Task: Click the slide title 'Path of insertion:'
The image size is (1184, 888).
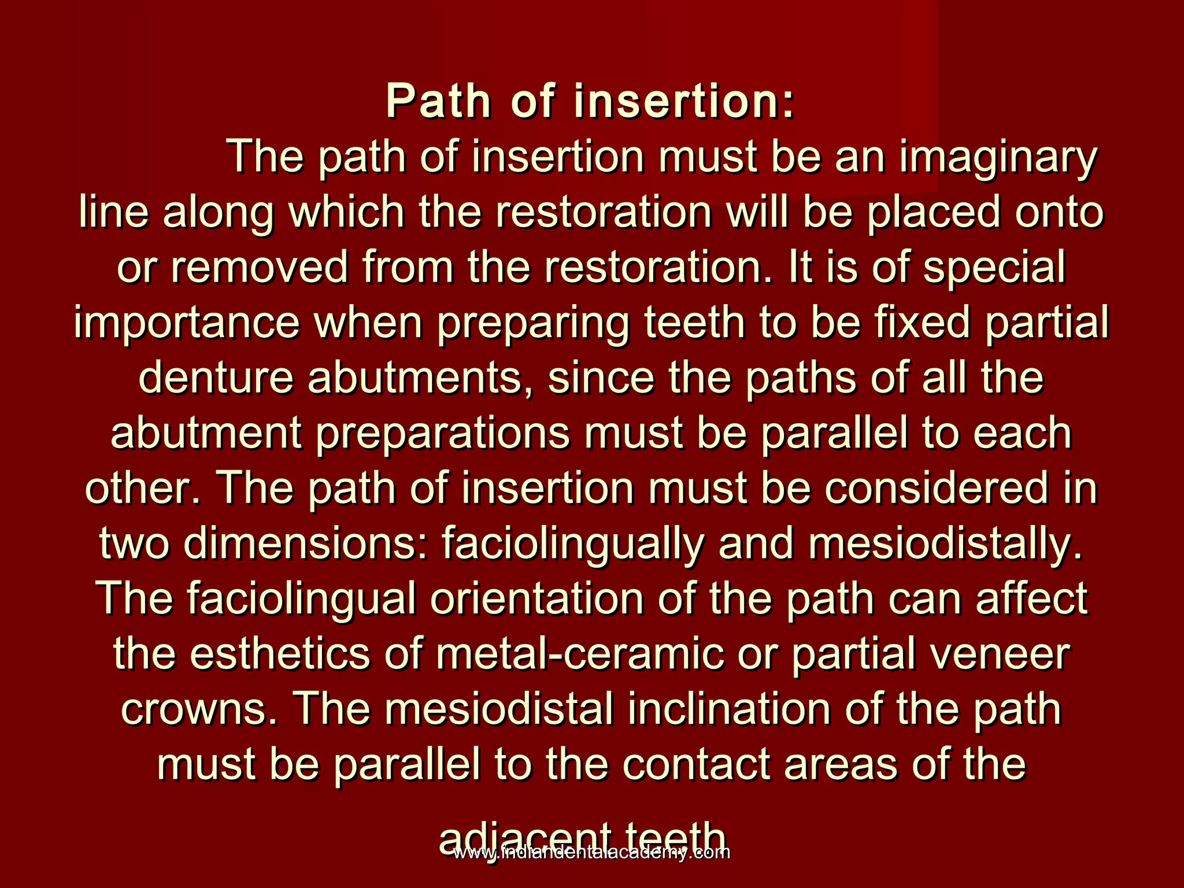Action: (x=590, y=102)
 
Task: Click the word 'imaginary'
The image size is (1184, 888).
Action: (x=997, y=158)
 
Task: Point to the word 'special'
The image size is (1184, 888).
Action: (x=994, y=268)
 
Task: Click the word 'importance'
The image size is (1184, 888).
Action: (x=186, y=323)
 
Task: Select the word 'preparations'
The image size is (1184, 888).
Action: (x=442, y=434)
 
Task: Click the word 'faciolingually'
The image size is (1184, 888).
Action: (x=573, y=544)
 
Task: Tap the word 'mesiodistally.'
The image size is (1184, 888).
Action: (x=945, y=544)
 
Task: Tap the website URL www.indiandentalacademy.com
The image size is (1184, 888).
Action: (x=591, y=852)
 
